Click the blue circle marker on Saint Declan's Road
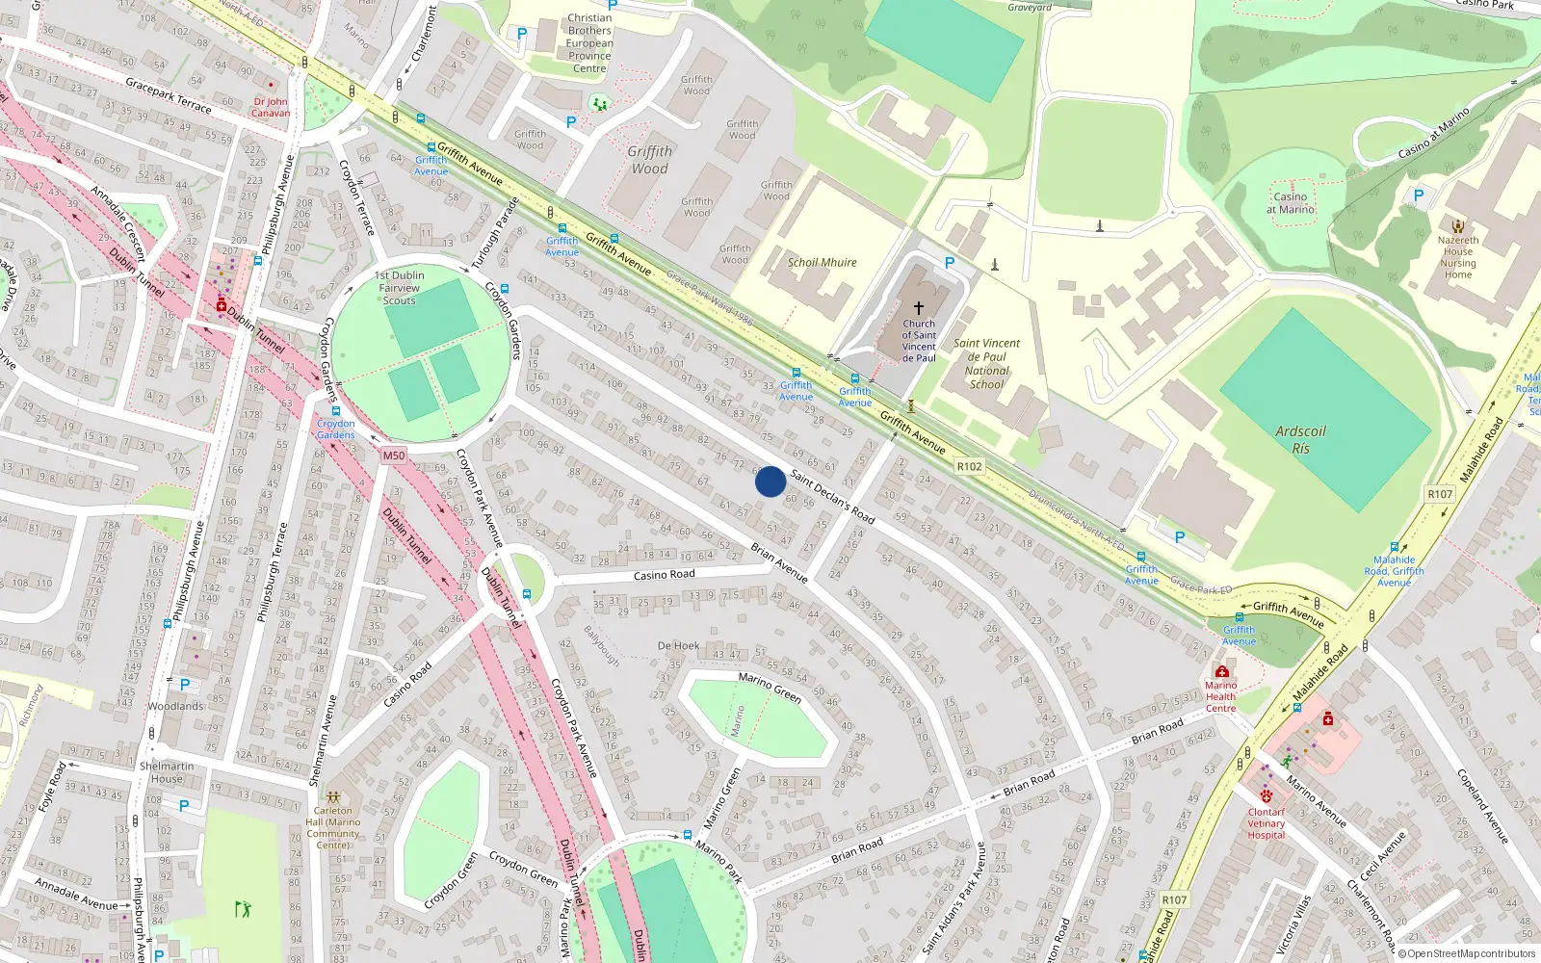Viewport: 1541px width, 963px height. [770, 481]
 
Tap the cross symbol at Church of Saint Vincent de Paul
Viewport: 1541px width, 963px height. [919, 307]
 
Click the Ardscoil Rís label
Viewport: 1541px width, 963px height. [1300, 439]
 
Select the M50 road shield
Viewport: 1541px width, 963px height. [394, 455]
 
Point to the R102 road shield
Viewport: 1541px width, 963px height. [969, 466]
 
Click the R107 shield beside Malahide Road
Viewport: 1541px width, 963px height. [1440, 494]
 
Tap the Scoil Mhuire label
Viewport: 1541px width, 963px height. [822, 262]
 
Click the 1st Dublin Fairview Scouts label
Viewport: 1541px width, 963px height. [399, 288]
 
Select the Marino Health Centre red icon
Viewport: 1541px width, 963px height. [1221, 671]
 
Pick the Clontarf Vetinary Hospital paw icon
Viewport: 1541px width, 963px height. [1267, 796]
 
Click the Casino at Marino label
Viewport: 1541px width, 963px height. [1291, 202]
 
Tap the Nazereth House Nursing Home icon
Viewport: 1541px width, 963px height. [1458, 226]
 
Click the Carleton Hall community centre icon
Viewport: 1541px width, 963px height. [333, 797]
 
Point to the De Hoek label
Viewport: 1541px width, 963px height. [678, 646]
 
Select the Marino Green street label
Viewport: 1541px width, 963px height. [770, 687]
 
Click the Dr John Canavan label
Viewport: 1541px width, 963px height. [271, 107]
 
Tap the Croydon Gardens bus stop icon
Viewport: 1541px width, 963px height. [336, 411]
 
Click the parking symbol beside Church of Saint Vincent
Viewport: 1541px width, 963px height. [950, 262]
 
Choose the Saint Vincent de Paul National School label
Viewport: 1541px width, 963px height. [986, 363]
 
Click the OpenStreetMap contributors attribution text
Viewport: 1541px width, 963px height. [1466, 953]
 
